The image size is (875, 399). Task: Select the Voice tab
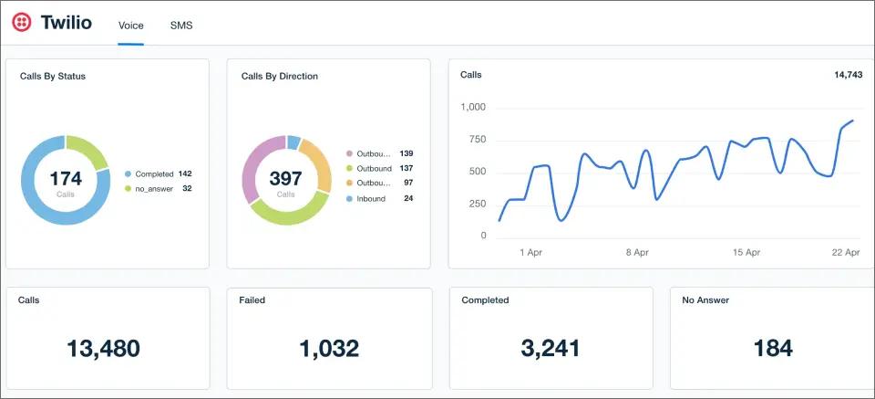click(130, 26)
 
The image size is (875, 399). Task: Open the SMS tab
click(181, 26)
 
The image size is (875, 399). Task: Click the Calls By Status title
click(53, 77)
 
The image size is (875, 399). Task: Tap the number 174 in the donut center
click(66, 178)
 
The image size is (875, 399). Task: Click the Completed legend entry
click(160, 173)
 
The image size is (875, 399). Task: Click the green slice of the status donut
click(89, 150)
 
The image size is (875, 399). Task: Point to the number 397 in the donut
click(286, 178)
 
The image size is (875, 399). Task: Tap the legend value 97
click(407, 184)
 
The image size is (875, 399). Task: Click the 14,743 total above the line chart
click(848, 75)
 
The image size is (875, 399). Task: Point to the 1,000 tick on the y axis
click(473, 108)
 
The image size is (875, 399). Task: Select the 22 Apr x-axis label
click(846, 252)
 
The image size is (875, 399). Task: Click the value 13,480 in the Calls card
click(103, 348)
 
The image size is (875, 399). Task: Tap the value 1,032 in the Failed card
click(328, 348)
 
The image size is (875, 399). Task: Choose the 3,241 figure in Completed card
click(551, 348)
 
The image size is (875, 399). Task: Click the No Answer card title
click(705, 299)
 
